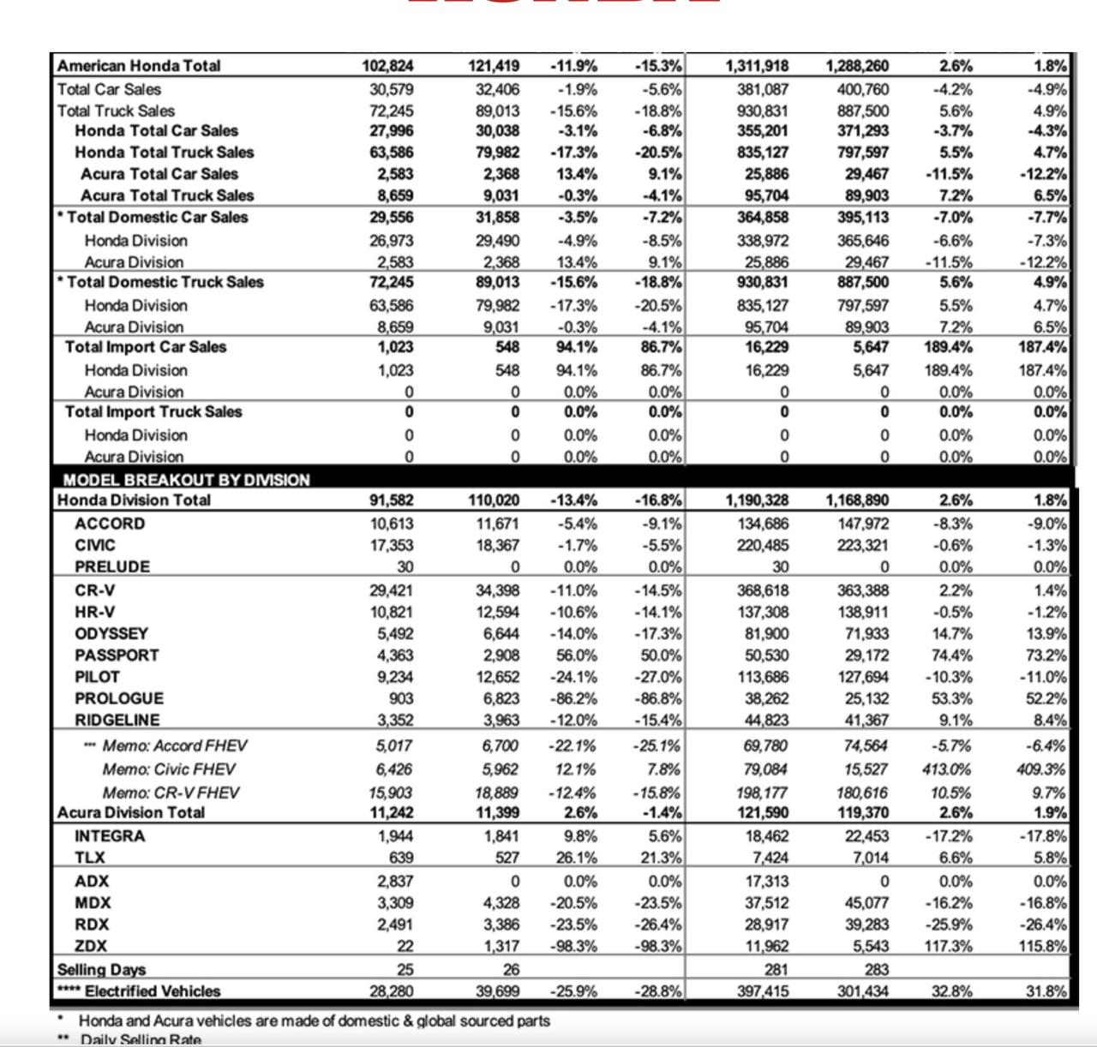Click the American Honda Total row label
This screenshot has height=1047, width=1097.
(139, 66)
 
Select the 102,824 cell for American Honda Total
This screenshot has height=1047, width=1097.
(387, 66)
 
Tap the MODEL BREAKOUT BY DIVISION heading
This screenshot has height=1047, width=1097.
(186, 480)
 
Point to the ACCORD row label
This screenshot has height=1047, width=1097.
(110, 523)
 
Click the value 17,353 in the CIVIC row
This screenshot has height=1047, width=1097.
(392, 545)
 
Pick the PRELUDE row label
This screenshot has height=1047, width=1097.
(112, 566)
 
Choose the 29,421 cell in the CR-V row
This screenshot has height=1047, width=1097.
(391, 590)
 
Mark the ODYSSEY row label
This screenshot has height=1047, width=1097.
(111, 633)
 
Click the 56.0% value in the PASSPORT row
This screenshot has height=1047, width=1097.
(574, 655)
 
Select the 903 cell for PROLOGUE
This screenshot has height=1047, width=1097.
(399, 698)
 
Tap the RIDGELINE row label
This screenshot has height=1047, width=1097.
(117, 720)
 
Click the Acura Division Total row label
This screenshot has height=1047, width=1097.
(131, 812)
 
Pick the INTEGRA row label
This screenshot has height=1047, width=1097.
(110, 836)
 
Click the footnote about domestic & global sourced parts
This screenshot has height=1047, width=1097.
(314, 1020)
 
